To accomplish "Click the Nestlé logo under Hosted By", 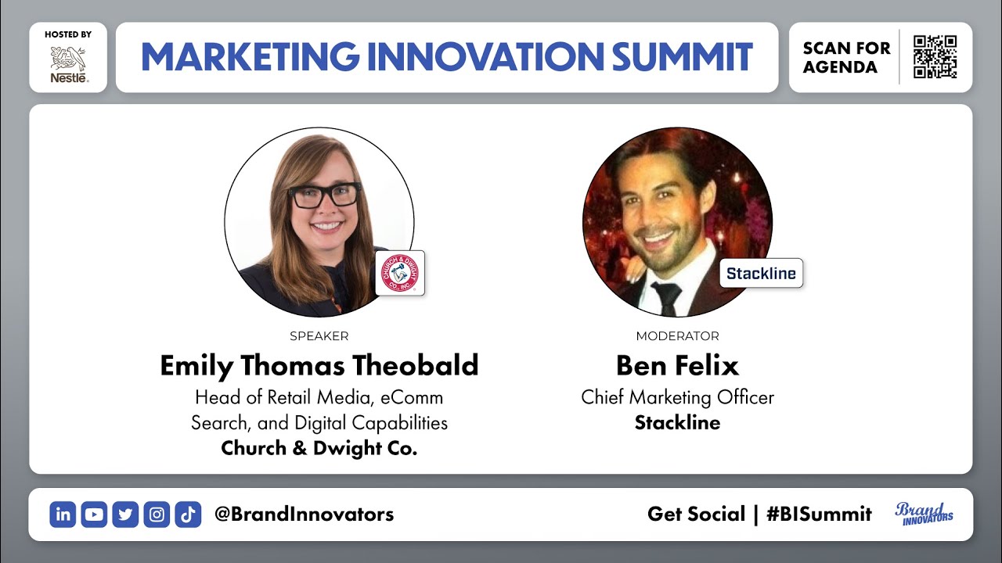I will coord(68,64).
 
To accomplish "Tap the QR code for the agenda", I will coord(935,57).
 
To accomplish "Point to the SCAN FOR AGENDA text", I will coord(846,57).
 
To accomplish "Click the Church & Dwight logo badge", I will coord(400,273).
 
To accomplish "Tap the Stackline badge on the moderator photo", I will coord(761,273).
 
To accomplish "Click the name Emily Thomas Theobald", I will coord(319,365).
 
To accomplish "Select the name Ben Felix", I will coord(677,365).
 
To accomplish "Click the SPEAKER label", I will coord(319,336).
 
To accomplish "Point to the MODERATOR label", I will coord(677,336).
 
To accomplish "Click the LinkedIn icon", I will coord(63,515).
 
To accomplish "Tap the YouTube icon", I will coord(94,515).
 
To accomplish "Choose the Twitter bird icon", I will coord(125,515).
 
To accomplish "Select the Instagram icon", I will coord(157,515).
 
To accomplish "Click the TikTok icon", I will coord(188,515).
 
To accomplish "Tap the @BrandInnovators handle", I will coord(304,515).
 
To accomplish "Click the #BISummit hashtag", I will coord(819,515).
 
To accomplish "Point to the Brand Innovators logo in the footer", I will coord(925,514).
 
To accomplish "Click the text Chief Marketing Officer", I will coord(677,397).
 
